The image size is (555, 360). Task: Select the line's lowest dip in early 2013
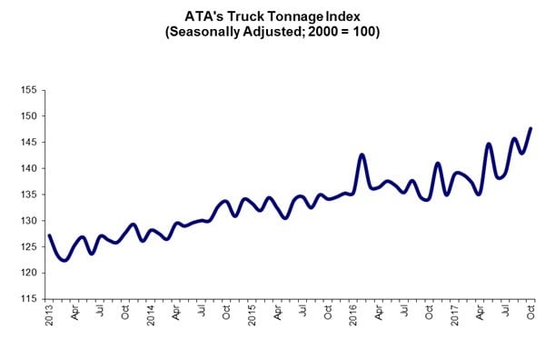pos(64,261)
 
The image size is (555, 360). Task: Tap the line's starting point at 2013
pos(49,235)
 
